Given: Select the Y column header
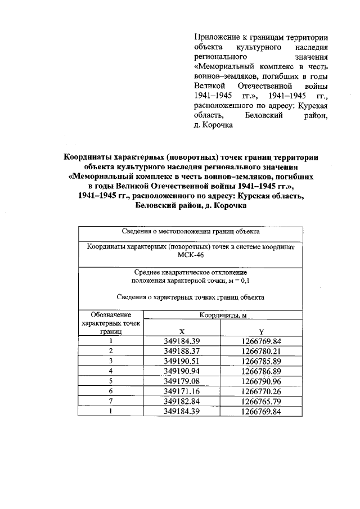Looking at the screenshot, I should [261, 332].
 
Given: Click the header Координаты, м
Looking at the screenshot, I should [223, 315].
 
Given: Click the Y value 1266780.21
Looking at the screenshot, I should [261, 350].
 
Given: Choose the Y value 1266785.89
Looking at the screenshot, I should [261, 361].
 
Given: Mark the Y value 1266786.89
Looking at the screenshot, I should [261, 371].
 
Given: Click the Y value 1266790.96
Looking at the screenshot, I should [261, 381].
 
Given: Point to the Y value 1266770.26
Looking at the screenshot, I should [261, 391].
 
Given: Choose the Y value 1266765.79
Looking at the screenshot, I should [261, 401].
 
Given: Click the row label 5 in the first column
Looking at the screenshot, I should [111, 381].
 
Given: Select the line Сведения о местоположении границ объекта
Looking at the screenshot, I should [190, 231].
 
